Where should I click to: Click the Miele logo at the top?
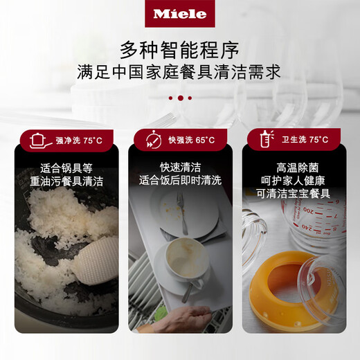click(x=180, y=13)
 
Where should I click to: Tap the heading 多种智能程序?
click(x=180, y=50)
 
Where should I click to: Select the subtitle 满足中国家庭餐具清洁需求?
click(x=180, y=73)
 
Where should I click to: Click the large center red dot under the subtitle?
click(x=180, y=98)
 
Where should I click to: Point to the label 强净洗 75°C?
click(x=78, y=141)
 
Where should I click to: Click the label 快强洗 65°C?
click(x=191, y=141)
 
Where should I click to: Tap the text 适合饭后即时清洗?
click(x=180, y=181)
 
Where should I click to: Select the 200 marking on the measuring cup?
click(x=307, y=208)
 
